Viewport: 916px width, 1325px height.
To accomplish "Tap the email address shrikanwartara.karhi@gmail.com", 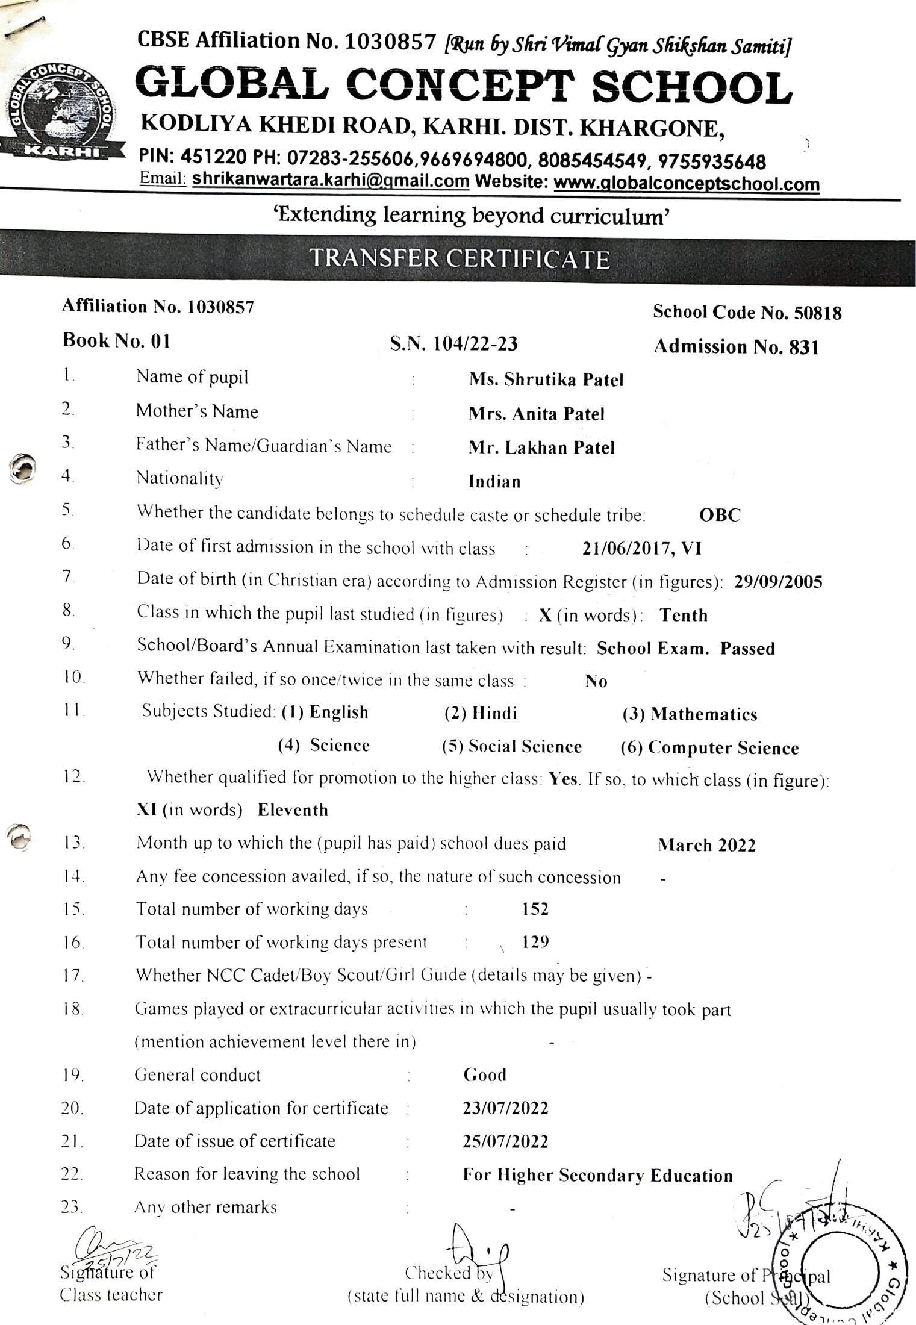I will coord(331,180).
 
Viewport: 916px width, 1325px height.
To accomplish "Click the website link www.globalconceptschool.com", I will coord(687,184).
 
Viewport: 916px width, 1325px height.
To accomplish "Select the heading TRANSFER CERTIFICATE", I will coord(460,258).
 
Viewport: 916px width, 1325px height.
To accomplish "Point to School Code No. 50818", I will coord(747,312).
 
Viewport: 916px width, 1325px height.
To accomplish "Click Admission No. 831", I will coord(736,347).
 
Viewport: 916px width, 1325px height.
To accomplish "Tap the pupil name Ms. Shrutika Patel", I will coord(546,379).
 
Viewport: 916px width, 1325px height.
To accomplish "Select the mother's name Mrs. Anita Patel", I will coord(536,414).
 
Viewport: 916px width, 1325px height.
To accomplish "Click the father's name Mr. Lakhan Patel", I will coord(541,447).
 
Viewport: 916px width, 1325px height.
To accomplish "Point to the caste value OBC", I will coord(720,515).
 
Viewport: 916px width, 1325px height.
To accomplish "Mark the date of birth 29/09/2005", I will coord(778,582).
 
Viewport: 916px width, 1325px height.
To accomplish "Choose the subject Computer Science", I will coord(723,748).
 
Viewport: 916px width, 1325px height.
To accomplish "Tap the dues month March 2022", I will coord(706,845).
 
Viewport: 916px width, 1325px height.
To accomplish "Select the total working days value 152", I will coord(535,909).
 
